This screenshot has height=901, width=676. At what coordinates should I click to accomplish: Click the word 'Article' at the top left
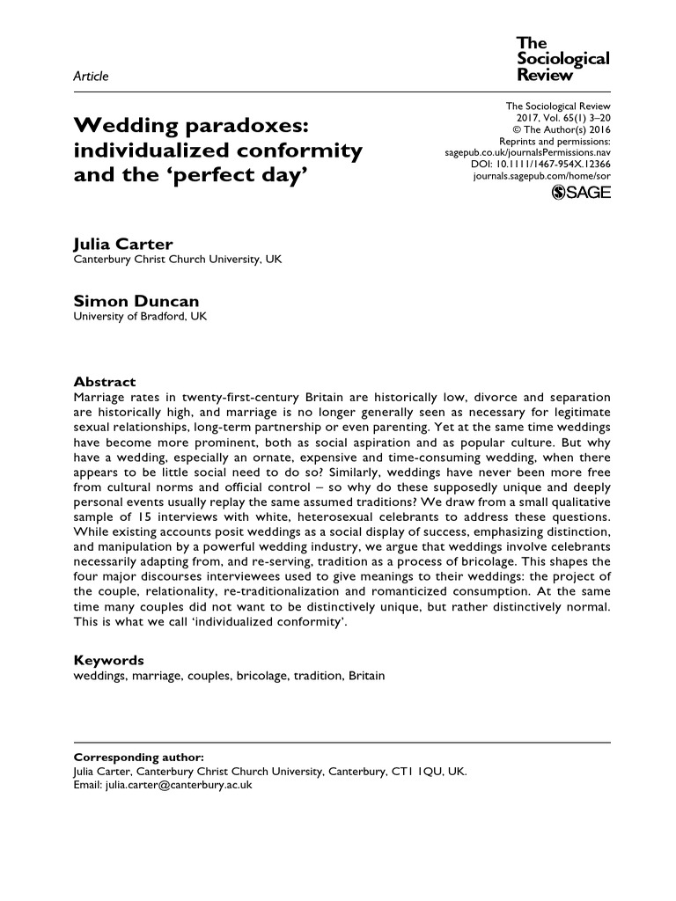pyautogui.click(x=91, y=77)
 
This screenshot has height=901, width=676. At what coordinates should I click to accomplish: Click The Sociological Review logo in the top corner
pyautogui.click(x=562, y=59)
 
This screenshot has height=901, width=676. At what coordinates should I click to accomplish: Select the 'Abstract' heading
pyautogui.click(x=104, y=382)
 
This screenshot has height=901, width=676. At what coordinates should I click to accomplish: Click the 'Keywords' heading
pyautogui.click(x=108, y=660)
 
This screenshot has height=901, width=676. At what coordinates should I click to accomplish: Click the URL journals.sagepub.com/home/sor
pyautogui.click(x=541, y=175)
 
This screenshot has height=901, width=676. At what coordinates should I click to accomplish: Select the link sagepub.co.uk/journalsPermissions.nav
pyautogui.click(x=527, y=151)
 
